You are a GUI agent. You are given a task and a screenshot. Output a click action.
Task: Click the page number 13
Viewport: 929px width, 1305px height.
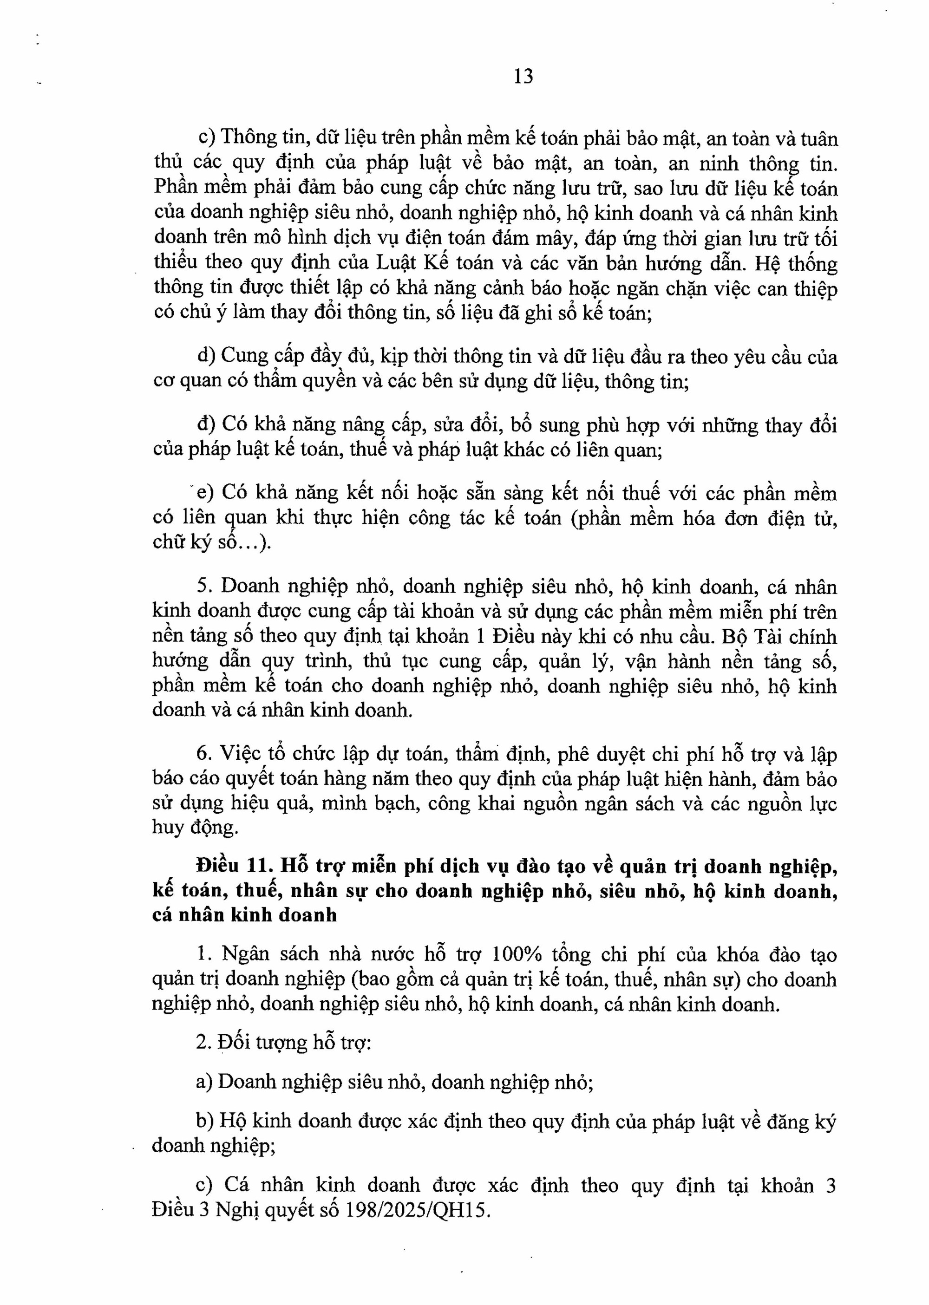click(523, 76)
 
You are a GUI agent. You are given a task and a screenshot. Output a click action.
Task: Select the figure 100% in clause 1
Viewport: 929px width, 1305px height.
click(516, 954)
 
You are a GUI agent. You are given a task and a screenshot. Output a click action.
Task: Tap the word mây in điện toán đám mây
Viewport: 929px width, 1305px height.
click(554, 238)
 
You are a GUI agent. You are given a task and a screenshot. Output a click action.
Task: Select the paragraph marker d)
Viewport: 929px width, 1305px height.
click(206, 356)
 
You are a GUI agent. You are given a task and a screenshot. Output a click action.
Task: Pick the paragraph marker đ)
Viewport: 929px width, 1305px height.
click(206, 425)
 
